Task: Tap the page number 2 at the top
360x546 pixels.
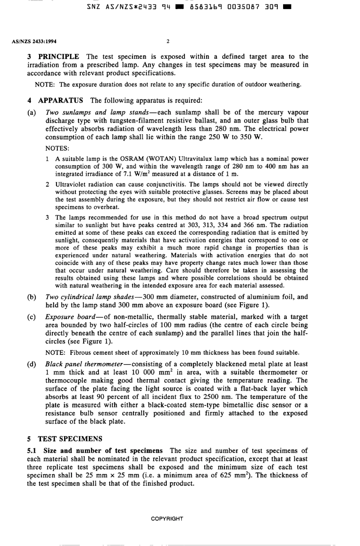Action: click(168, 42)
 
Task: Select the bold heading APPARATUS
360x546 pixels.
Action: click(61, 100)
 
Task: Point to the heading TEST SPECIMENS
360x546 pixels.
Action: click(70, 439)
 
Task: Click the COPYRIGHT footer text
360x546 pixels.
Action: click(167, 519)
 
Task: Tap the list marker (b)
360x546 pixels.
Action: click(32, 297)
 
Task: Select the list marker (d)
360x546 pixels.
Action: click(32, 364)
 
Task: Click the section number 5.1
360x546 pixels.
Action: click(32, 451)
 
